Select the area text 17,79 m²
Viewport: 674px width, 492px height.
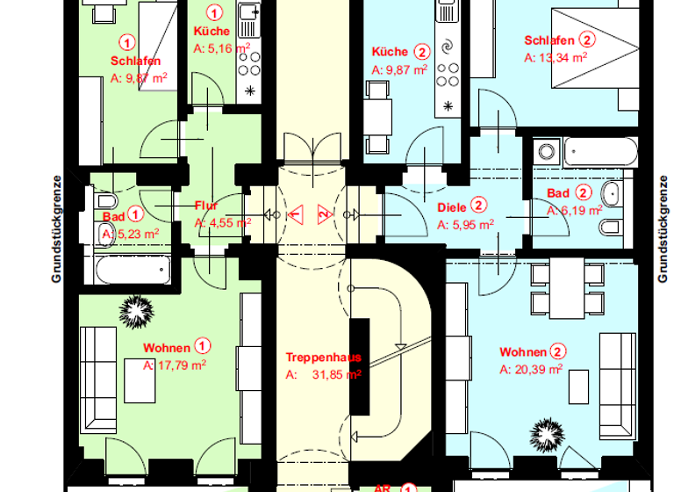(x=181, y=365)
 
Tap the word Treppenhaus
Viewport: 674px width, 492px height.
(x=323, y=358)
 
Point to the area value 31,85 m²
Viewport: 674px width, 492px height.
(x=337, y=374)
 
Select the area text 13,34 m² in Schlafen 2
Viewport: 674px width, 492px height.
(x=562, y=57)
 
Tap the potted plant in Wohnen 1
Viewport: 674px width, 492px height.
(x=136, y=308)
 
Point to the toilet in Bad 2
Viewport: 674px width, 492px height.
(x=612, y=229)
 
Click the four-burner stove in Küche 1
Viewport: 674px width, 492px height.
(x=249, y=60)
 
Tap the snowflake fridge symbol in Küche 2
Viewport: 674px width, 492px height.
(x=449, y=106)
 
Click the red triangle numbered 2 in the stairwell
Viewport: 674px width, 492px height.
(x=324, y=213)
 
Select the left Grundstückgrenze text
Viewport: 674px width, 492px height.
(x=55, y=228)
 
